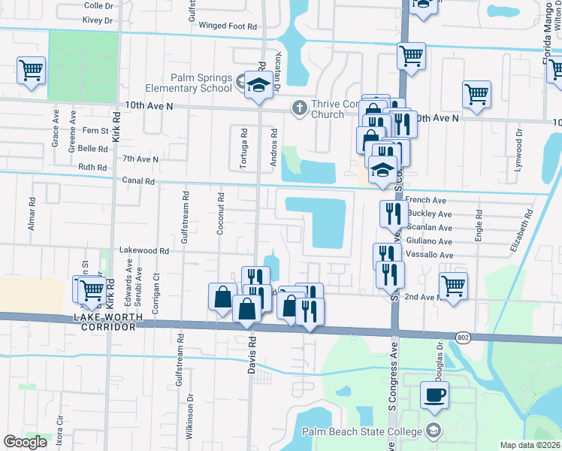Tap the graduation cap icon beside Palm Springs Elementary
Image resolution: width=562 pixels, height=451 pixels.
point(258,85)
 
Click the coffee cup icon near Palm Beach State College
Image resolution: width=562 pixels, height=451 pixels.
point(434,394)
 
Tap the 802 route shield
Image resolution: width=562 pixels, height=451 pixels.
point(463,337)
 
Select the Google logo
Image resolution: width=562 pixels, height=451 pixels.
point(25,442)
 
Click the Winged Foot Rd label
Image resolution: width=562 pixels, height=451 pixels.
point(228,26)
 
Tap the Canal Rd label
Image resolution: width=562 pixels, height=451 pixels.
point(138,181)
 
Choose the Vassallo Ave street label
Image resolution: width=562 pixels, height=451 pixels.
point(428,255)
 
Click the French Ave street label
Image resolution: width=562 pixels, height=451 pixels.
point(425,201)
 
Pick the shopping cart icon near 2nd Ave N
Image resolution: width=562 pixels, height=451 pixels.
point(453,286)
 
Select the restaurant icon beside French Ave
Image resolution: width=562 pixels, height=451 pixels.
point(392,213)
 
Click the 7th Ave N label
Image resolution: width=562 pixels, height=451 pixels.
point(140,159)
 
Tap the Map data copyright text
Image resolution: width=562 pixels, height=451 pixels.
point(530,445)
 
